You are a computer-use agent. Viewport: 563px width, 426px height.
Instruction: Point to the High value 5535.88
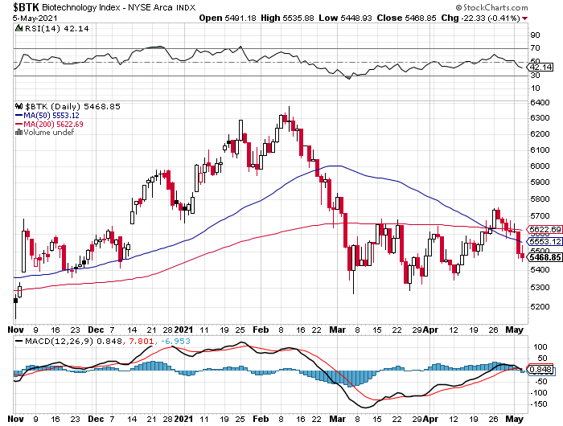[x=322, y=18]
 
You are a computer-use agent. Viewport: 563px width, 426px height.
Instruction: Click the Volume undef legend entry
[x=47, y=133]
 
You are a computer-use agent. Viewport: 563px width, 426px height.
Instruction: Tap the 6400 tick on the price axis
[x=538, y=102]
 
